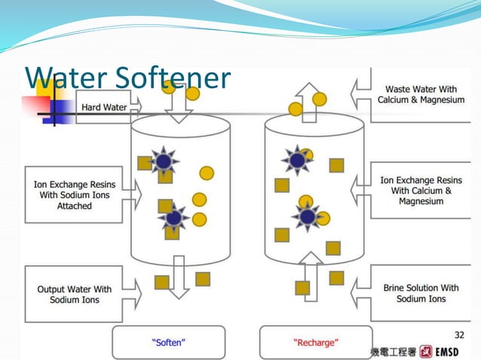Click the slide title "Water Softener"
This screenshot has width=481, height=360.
coord(127,78)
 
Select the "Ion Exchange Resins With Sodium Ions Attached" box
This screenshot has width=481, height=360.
coord(74,194)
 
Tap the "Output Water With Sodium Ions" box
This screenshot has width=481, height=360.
coord(74,294)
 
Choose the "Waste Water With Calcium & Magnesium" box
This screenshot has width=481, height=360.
coord(420,94)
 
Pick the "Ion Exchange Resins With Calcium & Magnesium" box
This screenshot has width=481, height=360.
coord(421,191)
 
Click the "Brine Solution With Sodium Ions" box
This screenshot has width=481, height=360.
coord(421,293)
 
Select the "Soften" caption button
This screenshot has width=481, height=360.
coord(168,343)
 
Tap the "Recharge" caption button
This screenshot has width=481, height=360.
coord(315,343)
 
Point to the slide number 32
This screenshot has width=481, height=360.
coord(459,334)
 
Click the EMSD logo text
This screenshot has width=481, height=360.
coord(455,352)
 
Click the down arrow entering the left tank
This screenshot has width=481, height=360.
coord(180,109)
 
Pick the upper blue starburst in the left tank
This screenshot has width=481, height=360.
coord(164,160)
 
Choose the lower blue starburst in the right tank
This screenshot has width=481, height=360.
coord(307,217)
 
